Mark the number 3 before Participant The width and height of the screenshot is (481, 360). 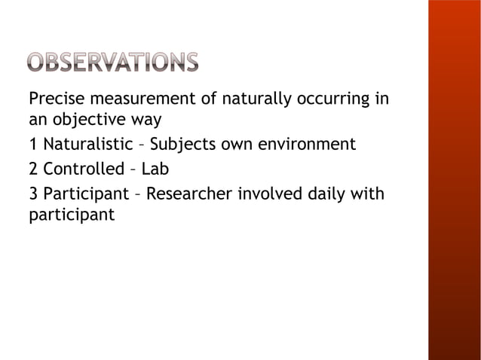[32, 195]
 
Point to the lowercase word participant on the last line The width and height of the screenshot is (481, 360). [72, 215]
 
